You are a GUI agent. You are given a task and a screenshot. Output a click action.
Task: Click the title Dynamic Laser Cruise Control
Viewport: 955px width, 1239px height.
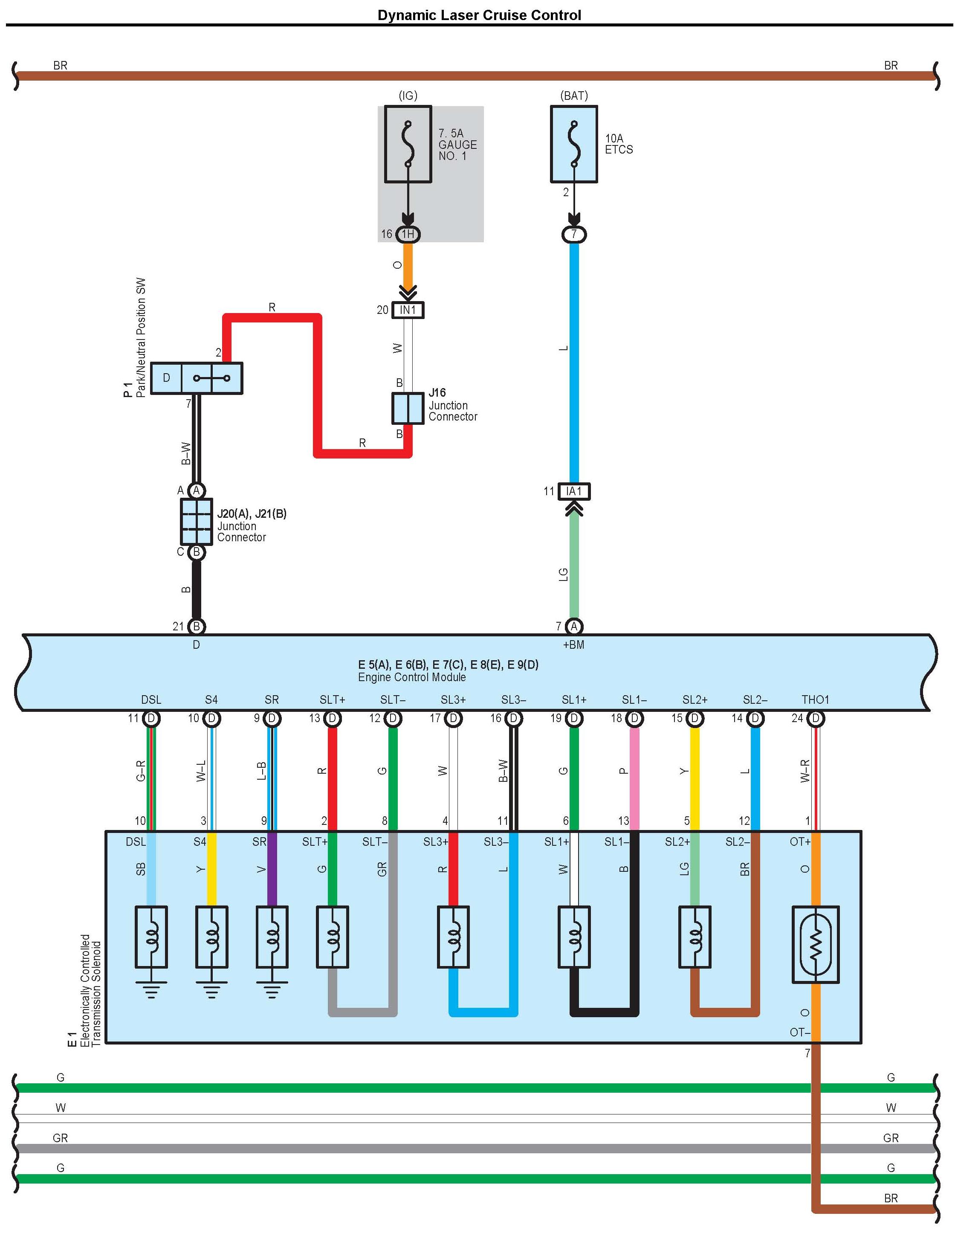pyautogui.click(x=479, y=15)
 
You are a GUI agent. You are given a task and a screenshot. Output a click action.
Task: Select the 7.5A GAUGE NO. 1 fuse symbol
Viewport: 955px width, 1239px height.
pyautogui.click(x=408, y=144)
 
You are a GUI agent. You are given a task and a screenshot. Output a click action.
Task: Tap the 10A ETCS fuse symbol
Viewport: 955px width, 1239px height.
pyautogui.click(x=574, y=144)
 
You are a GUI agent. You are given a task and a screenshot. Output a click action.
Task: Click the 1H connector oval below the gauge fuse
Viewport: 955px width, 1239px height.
pyautogui.click(x=408, y=234)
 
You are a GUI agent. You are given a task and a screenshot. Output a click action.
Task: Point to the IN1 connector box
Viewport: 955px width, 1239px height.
pyautogui.click(x=408, y=310)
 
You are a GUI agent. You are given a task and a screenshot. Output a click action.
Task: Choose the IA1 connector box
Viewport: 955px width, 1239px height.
pyautogui.click(x=574, y=491)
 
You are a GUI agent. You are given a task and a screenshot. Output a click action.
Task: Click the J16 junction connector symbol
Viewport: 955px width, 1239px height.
pyautogui.click(x=408, y=408)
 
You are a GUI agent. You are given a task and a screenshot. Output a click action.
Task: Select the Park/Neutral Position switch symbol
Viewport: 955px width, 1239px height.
pyautogui.click(x=196, y=378)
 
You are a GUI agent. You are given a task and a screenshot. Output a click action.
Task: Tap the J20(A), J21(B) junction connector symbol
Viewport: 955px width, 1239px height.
pyautogui.click(x=196, y=521)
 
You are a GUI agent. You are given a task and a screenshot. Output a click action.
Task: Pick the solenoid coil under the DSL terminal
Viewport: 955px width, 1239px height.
pyautogui.click(x=151, y=937)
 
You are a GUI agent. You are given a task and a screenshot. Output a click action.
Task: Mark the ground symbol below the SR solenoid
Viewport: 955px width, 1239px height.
pyautogui.click(x=272, y=990)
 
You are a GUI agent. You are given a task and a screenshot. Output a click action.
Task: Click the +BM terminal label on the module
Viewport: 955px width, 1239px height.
pyautogui.click(x=573, y=644)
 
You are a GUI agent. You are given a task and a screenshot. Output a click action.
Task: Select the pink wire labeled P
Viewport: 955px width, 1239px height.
pyautogui.click(x=634, y=777)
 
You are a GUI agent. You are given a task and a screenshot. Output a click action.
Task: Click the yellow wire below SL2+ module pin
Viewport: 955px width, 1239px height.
pyautogui.click(x=695, y=777)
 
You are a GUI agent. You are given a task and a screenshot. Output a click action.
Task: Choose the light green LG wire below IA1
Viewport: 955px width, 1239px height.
pyautogui.click(x=574, y=567)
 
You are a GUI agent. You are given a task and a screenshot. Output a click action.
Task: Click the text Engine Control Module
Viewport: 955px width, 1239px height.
pyautogui.click(x=412, y=677)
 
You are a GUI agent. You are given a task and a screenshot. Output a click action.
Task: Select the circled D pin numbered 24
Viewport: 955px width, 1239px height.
pyautogui.click(x=816, y=718)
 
